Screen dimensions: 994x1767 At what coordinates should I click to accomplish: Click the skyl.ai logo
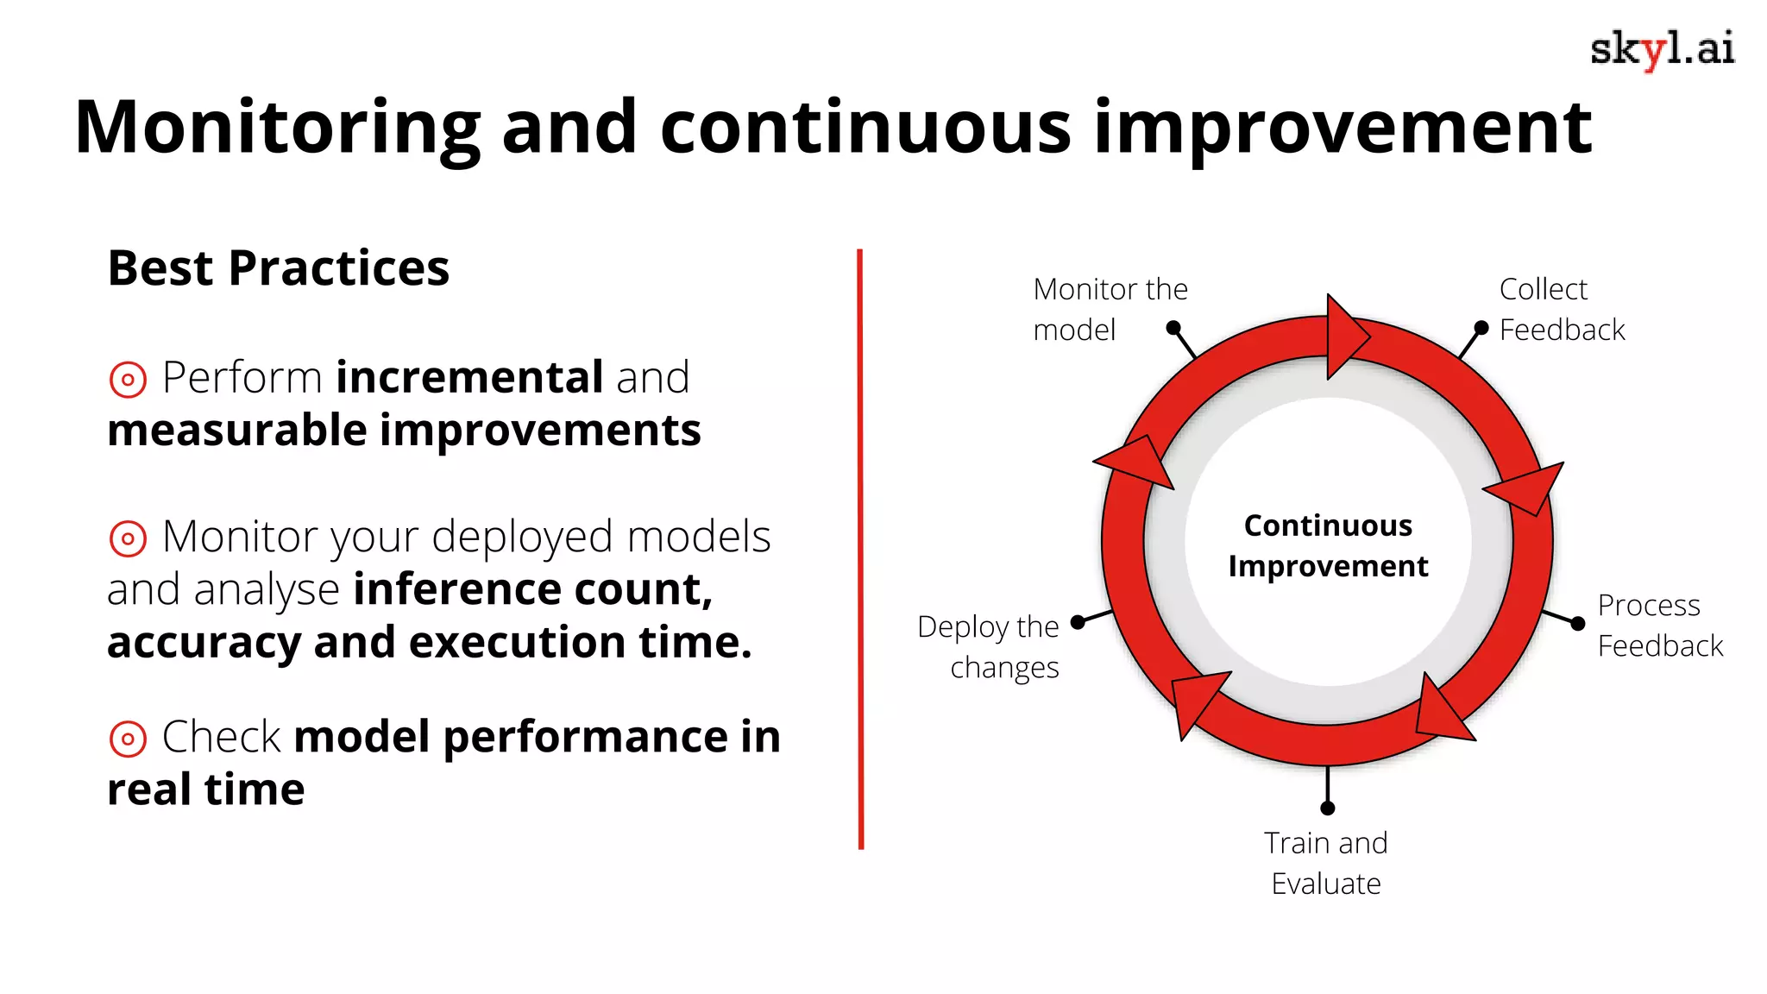click(x=1662, y=50)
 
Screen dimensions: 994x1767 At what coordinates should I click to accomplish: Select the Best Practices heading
click(x=278, y=268)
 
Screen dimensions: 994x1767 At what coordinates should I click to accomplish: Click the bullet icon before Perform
click(x=128, y=380)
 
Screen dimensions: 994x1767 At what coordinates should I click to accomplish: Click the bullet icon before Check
click(x=128, y=739)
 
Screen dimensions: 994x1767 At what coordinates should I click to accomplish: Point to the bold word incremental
click(x=469, y=378)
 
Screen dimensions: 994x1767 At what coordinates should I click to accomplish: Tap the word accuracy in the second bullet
click(x=203, y=643)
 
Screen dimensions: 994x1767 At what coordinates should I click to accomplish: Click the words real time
click(x=205, y=790)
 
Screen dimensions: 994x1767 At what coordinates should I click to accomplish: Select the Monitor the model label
click(x=1109, y=309)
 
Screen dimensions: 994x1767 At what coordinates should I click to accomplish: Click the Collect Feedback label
click(x=1561, y=309)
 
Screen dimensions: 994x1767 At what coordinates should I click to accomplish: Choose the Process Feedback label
click(x=1658, y=626)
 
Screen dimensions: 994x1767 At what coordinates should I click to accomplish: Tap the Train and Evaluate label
click(x=1326, y=863)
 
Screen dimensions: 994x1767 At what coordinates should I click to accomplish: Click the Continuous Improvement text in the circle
click(x=1328, y=545)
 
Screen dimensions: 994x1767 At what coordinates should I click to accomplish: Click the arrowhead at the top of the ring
click(x=1343, y=337)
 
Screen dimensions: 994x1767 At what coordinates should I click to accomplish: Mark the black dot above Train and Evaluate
click(x=1328, y=808)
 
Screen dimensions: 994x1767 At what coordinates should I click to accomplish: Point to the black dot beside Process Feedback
click(x=1578, y=624)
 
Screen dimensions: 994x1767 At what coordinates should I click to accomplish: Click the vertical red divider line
click(x=860, y=549)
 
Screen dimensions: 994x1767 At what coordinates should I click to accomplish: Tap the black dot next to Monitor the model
click(x=1173, y=328)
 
